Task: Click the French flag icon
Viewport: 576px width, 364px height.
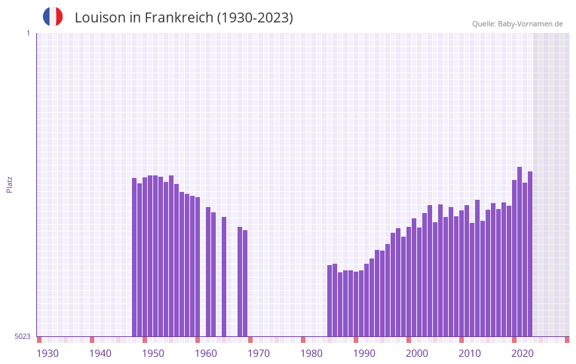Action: point(53,16)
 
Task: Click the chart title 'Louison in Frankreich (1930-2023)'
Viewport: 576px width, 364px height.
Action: point(183,18)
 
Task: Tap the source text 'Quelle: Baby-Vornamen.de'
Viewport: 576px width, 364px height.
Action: point(517,24)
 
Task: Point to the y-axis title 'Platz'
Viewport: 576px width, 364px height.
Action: point(9,184)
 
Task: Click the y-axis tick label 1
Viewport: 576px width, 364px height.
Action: point(28,33)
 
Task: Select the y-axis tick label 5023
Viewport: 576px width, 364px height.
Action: point(22,336)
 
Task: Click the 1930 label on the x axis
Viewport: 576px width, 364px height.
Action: point(48,353)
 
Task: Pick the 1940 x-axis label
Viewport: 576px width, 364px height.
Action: point(100,353)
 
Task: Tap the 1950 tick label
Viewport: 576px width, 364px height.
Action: point(153,353)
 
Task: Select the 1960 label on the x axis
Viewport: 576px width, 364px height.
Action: point(206,353)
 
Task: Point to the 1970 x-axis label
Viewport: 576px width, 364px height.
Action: point(259,353)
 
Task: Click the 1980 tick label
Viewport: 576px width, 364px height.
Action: point(311,353)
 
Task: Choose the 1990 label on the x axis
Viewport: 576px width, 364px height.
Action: point(364,353)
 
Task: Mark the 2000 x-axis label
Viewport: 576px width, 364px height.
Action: point(417,353)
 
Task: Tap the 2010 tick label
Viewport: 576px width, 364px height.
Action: point(470,353)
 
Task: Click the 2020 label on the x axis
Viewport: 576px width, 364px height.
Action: point(523,353)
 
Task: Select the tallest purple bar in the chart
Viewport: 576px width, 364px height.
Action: point(520,251)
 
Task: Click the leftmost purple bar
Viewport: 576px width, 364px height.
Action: point(135,257)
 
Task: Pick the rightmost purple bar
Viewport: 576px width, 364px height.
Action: point(530,254)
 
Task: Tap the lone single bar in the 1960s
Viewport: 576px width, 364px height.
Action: point(224,277)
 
